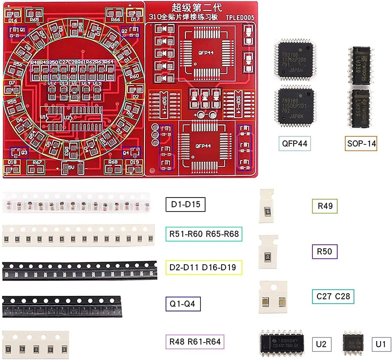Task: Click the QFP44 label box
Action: coord(294,144)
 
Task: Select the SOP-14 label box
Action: coord(361,143)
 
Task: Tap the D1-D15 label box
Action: coord(185,205)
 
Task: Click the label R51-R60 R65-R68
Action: coord(204,234)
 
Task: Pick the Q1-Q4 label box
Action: coord(183,304)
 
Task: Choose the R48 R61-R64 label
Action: coord(195,342)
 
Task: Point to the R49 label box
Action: coord(325,206)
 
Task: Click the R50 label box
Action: coord(324,251)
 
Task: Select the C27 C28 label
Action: coord(333,296)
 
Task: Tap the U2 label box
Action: coord(321,344)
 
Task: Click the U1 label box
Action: coord(381,344)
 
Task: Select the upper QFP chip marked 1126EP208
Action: coord(294,60)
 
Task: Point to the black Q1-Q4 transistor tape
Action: coord(62,307)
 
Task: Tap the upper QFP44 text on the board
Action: coord(206,53)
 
